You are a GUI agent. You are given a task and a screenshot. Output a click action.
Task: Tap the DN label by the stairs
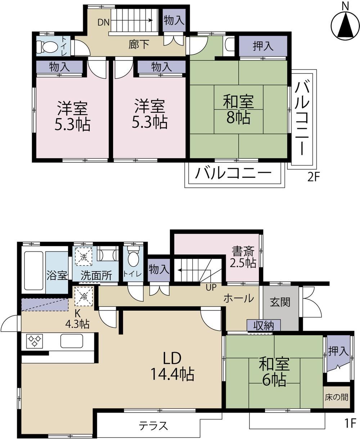[x=103, y=22]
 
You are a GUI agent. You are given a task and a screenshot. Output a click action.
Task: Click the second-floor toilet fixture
[x=47, y=46]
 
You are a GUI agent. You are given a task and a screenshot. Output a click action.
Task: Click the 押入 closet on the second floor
[x=263, y=46]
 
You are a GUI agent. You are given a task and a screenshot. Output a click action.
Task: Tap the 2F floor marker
[x=314, y=177]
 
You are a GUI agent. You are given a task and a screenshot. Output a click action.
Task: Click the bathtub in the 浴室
[x=34, y=270]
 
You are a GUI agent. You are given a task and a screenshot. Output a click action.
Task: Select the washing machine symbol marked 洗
[x=84, y=257]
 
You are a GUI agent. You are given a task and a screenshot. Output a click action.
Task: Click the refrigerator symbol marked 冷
[x=84, y=296]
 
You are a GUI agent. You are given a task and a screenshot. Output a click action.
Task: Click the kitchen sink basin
[x=72, y=341]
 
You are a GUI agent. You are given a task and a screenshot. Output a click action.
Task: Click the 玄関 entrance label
[x=280, y=302]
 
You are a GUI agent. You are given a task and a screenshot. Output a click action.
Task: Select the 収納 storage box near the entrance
[x=264, y=325]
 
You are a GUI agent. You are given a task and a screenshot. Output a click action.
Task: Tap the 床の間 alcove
[x=337, y=397]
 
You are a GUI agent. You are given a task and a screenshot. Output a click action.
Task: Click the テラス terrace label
[x=153, y=426]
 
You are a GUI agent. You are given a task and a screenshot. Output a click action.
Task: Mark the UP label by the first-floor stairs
[x=211, y=287]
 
